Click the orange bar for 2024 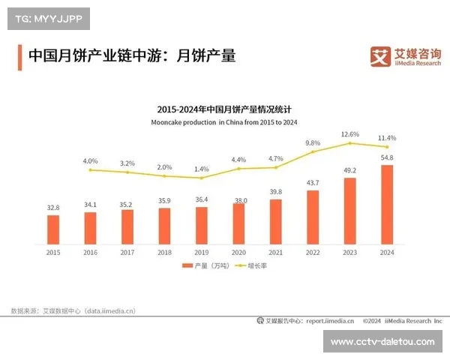pos(387,205)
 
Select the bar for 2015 pos(52,229)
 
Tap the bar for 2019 pos(201,225)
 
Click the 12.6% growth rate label pos(350,134)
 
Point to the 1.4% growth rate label pos(201,169)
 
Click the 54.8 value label pos(387,157)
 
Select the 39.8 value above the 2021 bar pos(275,192)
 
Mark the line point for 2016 pos(90,170)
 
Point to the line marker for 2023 pos(350,143)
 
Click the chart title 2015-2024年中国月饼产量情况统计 pos(225,109)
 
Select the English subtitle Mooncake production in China pos(225,121)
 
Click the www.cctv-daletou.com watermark pos(382,342)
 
